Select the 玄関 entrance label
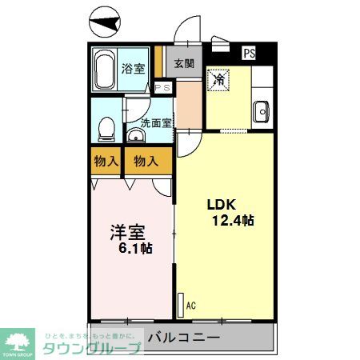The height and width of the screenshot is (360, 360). pos(184,63)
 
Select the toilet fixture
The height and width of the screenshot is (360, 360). pos(104,127)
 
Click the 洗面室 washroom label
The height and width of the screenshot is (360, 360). pos(156,122)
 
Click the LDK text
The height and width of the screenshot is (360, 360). pos(223,202)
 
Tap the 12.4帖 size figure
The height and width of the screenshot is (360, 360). pos(233,220)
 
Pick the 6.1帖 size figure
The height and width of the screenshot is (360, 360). pos(135,249)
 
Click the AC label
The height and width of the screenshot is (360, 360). pos(190,305)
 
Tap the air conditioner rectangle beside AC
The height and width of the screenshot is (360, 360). pos(179,302)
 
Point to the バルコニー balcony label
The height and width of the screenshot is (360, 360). pos(184,337)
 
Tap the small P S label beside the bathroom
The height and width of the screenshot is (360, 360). pos(162,88)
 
